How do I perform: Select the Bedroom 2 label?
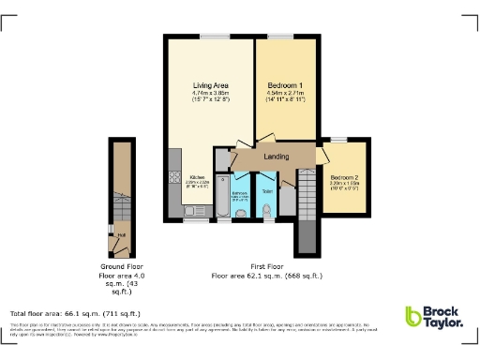pos(344,176)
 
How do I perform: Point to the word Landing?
pos(276,157)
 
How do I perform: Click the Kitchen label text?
pos(199,176)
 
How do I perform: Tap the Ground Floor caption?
pos(122,267)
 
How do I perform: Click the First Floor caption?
pos(266,267)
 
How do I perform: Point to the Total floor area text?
pos(74,312)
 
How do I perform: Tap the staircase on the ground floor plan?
pos(121,202)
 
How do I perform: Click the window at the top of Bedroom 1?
pos(280,37)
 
